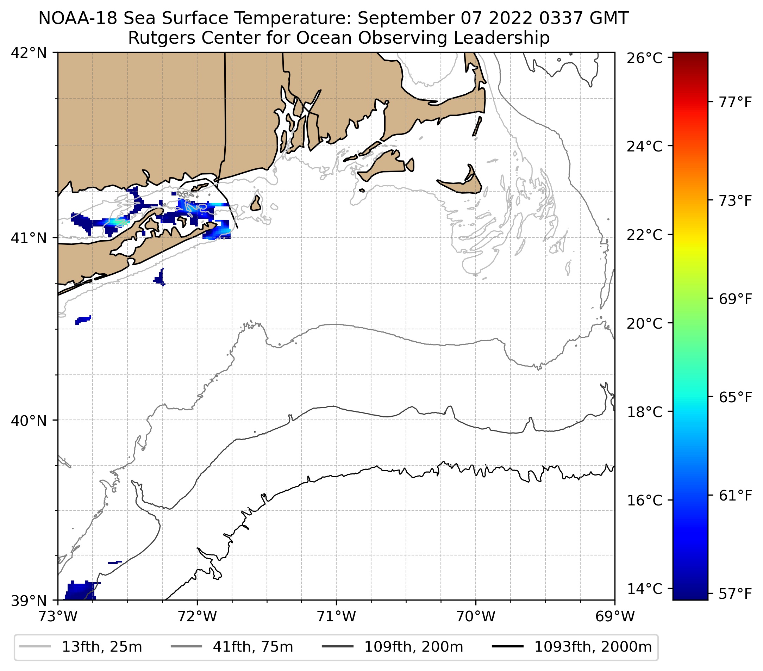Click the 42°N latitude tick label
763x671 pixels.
29,53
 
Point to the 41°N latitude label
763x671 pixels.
29,238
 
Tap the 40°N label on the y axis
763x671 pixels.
29,421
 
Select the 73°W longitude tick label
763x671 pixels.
57,616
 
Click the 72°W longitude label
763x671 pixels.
197,616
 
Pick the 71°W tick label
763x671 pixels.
336,616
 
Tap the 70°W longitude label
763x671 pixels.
476,616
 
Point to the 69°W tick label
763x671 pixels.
615,616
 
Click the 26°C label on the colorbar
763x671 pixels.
645,58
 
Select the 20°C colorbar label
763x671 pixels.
645,323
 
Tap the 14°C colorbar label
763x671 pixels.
645,589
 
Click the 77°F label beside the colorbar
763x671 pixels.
735,102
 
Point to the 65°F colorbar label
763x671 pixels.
735,397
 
